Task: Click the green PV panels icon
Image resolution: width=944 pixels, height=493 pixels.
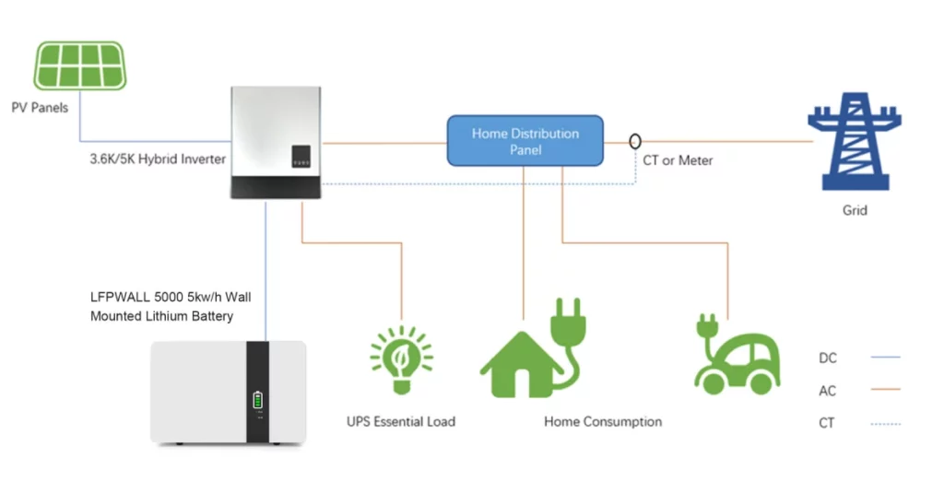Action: point(79,65)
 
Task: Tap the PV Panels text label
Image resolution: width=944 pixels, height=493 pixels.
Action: point(40,108)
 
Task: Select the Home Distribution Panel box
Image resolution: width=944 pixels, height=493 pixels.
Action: point(525,141)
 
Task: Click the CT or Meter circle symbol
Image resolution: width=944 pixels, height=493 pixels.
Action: point(635,142)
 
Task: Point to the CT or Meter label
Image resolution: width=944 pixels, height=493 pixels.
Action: point(678,160)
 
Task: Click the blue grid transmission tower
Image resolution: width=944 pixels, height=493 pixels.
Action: point(855,142)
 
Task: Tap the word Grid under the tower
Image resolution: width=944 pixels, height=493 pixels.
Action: point(855,211)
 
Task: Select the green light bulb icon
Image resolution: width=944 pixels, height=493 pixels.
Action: point(402,359)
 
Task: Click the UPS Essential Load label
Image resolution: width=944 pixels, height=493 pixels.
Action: point(401,422)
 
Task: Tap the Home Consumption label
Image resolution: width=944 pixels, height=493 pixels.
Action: point(603,422)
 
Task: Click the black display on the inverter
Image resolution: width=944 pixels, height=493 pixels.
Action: point(301,156)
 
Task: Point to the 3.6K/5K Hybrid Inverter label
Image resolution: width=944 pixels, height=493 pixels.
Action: point(158,159)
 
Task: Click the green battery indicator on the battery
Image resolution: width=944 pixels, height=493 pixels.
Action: point(258,400)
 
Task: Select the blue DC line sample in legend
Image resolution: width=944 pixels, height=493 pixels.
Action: point(886,357)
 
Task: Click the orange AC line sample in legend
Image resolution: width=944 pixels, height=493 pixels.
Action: point(886,389)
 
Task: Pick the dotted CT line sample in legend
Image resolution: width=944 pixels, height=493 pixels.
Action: point(886,424)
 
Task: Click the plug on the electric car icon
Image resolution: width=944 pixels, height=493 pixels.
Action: point(707,325)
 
